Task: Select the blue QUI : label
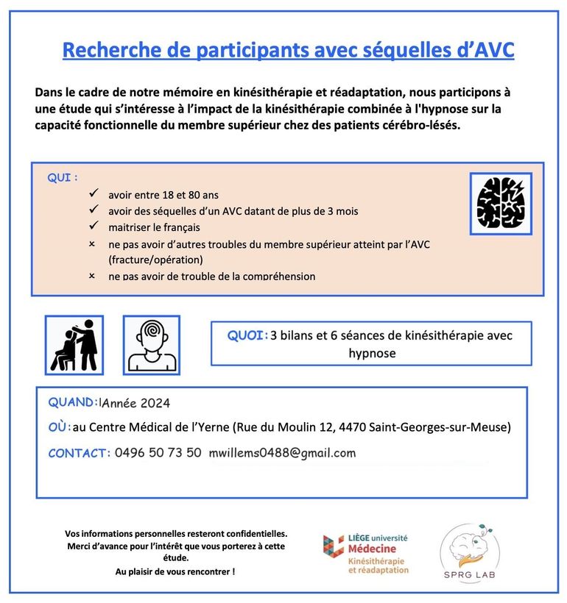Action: click(63, 178)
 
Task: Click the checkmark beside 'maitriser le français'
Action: click(94, 226)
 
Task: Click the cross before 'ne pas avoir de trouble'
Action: click(93, 276)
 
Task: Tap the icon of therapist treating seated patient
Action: click(74, 345)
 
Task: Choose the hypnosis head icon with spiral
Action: click(152, 345)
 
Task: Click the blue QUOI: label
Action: click(247, 335)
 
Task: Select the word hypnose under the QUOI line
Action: click(372, 353)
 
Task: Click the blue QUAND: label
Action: click(72, 402)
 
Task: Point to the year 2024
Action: click(155, 403)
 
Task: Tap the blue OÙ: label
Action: click(59, 427)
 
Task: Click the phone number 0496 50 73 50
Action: click(158, 452)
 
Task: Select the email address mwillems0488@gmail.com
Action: click(282, 452)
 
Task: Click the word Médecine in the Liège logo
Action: click(371, 549)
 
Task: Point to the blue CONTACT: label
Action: click(79, 453)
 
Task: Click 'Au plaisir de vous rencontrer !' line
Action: click(175, 571)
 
